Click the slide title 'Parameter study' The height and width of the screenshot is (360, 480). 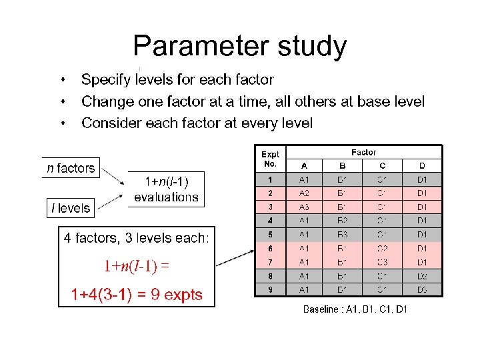coord(240,47)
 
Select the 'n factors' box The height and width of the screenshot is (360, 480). coord(71,168)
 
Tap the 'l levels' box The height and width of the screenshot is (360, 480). coord(70,208)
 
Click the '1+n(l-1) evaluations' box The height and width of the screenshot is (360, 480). coord(166,189)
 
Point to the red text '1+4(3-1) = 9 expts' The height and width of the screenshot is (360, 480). coord(137,295)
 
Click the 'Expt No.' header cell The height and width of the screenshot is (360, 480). coord(271,159)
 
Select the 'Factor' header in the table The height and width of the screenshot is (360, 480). coord(363,153)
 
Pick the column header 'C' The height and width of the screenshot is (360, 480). coord(382,166)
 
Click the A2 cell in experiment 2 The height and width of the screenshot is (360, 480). coord(304,193)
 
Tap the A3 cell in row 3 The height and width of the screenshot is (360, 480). coord(304,207)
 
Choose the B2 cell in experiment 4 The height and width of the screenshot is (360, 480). coord(342,221)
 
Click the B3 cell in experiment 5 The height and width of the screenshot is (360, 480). coord(342,235)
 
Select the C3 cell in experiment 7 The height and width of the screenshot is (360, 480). coord(382,262)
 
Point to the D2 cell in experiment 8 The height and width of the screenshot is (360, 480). coord(422,276)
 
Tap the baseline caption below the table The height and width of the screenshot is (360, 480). coord(355,309)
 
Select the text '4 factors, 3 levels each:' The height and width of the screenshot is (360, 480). coord(136,238)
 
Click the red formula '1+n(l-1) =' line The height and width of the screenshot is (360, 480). coord(136,267)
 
